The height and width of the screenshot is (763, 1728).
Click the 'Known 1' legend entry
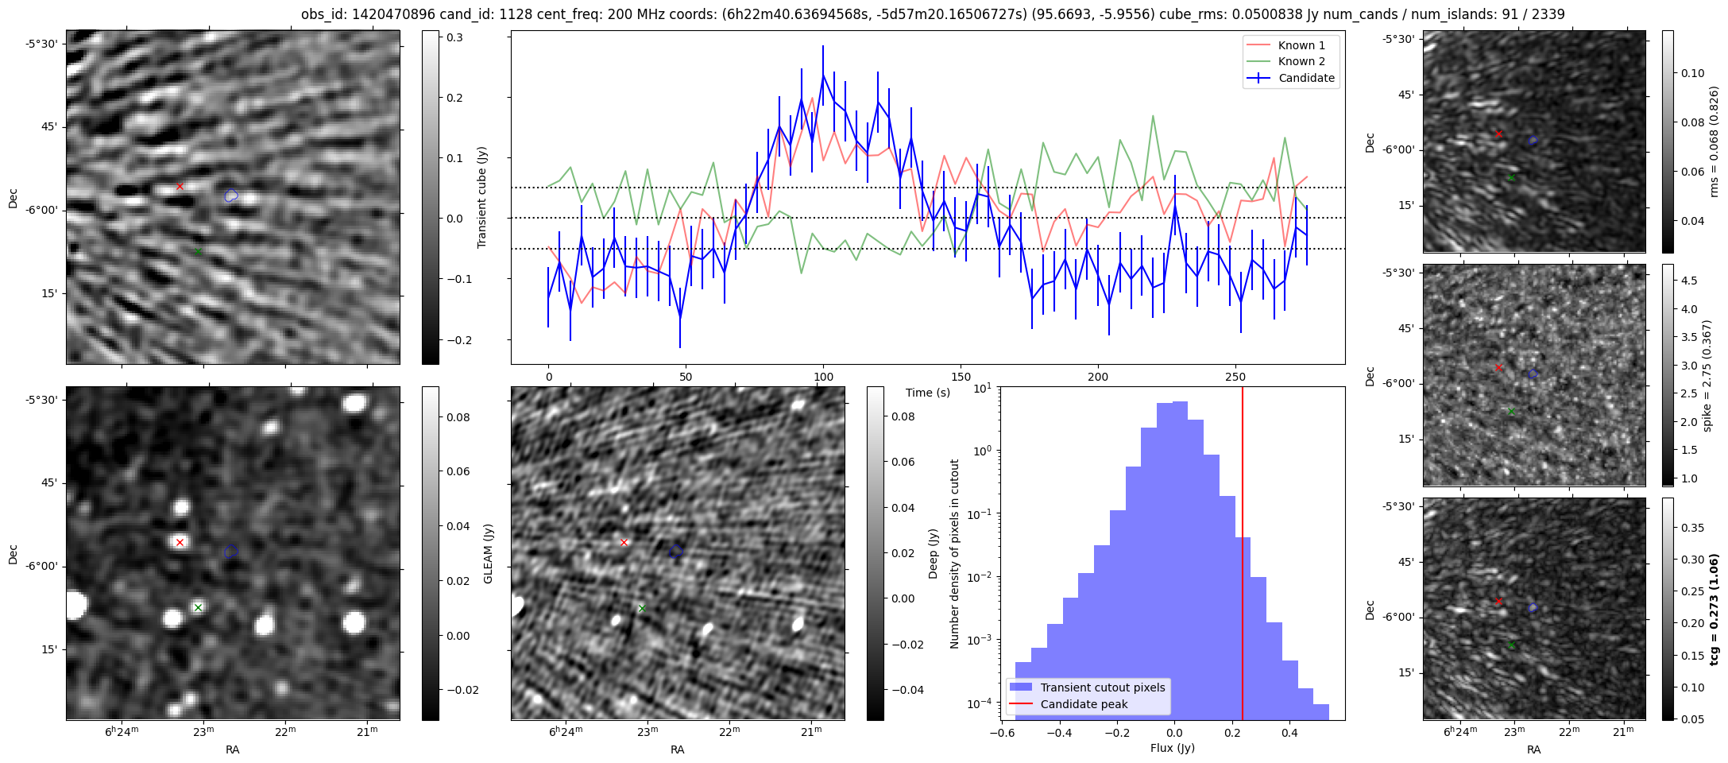[x=1301, y=45]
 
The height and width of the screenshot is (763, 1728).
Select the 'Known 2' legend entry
[x=1301, y=61]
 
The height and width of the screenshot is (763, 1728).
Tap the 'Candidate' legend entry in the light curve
[x=1306, y=78]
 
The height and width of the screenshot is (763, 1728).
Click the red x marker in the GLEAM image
[x=180, y=543]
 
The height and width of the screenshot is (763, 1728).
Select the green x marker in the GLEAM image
[x=198, y=608]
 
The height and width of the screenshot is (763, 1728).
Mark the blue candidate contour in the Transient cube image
[x=230, y=196]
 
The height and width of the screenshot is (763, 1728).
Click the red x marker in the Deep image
[x=624, y=543]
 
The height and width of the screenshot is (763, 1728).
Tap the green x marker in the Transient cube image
[x=198, y=252]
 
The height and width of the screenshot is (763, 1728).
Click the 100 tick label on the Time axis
[x=823, y=377]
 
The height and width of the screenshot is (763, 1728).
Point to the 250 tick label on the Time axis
[x=1235, y=377]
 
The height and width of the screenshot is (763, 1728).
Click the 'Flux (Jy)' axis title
[x=1172, y=748]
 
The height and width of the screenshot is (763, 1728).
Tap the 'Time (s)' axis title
[x=927, y=393]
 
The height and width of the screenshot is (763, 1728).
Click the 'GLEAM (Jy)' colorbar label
[x=488, y=553]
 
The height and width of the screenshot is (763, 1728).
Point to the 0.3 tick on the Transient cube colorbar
[x=454, y=37]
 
